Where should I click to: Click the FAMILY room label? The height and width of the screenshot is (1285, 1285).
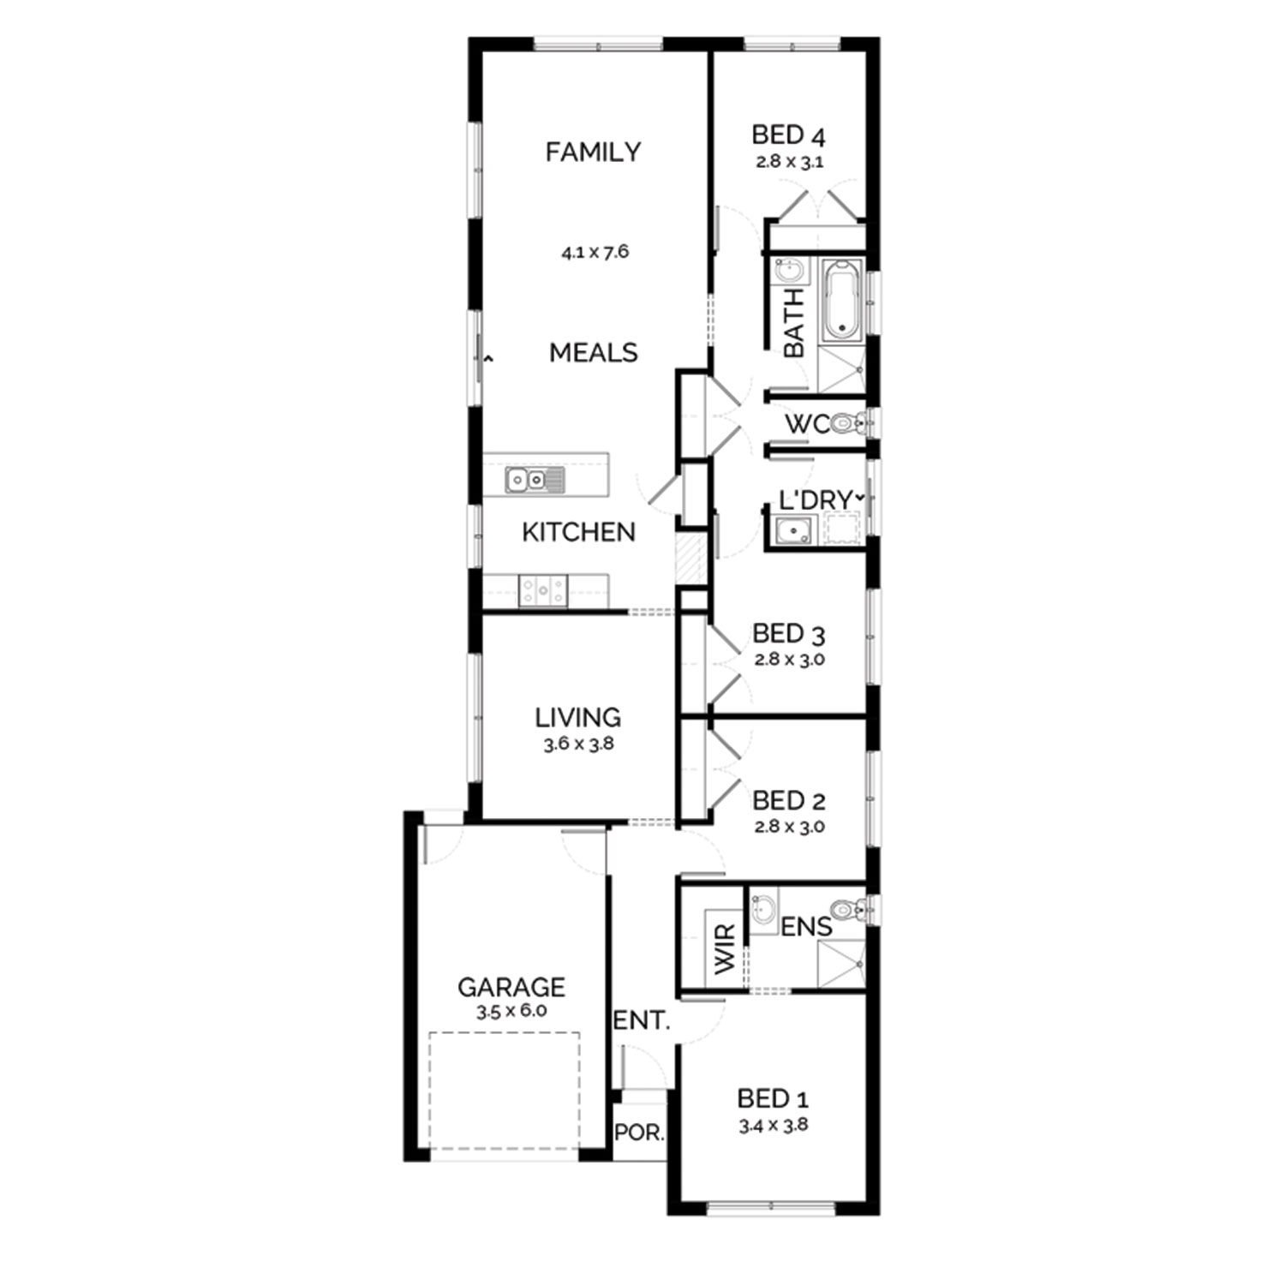click(x=593, y=152)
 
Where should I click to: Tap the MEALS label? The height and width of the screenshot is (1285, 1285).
click(x=594, y=352)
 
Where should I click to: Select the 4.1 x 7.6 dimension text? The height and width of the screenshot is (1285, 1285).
click(x=595, y=252)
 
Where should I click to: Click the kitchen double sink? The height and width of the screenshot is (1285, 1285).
click(x=535, y=480)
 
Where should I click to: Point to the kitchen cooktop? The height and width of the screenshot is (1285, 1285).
click(x=543, y=589)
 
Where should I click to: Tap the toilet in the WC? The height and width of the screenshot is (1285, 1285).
click(x=849, y=422)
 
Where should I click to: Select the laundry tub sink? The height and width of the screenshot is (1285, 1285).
click(x=796, y=531)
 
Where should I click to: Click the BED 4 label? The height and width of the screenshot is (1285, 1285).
click(x=788, y=134)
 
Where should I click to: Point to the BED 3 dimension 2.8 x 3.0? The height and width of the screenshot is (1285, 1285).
click(x=789, y=660)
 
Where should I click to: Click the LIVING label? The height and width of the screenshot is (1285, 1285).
click(x=578, y=717)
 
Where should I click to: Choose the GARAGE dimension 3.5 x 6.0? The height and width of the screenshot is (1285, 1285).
click(x=511, y=1011)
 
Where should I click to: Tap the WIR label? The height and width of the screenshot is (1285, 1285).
click(x=725, y=948)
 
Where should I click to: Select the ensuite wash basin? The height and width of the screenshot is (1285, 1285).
click(x=765, y=907)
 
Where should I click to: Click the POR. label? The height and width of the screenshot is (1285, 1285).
click(x=639, y=1133)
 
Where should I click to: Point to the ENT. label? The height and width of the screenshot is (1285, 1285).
click(x=642, y=1020)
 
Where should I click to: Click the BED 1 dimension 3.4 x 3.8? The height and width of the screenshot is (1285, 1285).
click(x=774, y=1126)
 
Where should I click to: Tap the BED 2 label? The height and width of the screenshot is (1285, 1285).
click(x=788, y=801)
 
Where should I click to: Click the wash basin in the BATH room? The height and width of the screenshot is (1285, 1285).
click(x=791, y=272)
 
